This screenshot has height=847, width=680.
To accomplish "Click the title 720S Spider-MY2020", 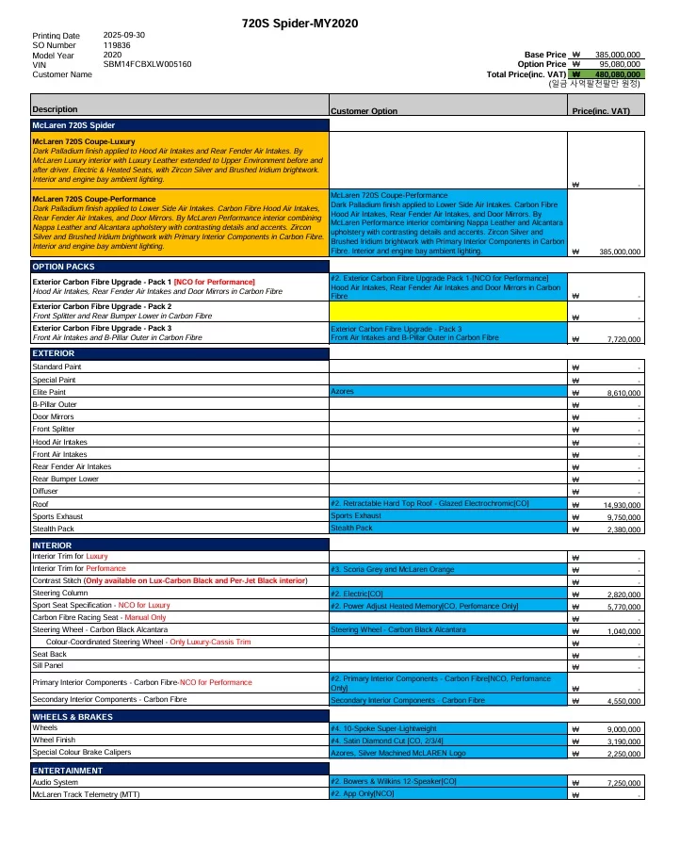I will click(300, 23).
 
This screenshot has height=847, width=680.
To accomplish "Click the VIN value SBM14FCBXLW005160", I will click(147, 64).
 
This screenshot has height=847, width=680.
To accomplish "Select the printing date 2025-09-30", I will click(124, 36).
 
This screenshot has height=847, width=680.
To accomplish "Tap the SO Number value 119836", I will click(117, 45).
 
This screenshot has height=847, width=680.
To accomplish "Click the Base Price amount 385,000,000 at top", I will click(618, 55).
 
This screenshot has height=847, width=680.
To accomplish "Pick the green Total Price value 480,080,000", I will click(618, 73).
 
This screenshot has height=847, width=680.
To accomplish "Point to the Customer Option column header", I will click(364, 111).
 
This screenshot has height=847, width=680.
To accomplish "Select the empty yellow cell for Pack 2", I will click(448, 310).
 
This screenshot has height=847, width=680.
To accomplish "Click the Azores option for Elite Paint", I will click(342, 391).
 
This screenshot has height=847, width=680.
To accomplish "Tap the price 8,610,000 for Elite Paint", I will click(622, 392).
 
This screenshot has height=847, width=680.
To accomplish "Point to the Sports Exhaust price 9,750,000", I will click(622, 517).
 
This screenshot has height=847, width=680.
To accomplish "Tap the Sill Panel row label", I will click(48, 665).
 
